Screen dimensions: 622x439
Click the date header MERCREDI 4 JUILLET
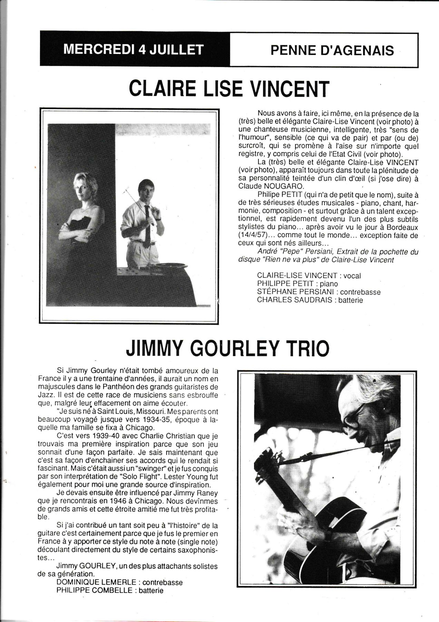[134, 50]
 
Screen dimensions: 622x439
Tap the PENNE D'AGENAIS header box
[332, 50]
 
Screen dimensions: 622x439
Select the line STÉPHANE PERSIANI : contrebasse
[319, 292]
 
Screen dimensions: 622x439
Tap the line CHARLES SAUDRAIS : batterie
[310, 300]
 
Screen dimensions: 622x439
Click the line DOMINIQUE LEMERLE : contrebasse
[119, 582]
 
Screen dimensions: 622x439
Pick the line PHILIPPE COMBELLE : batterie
[110, 590]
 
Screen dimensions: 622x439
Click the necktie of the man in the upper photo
[147, 225]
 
